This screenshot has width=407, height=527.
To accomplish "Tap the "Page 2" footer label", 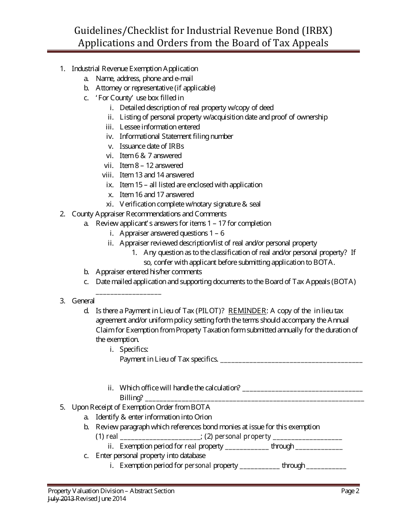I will (x=350, y=491).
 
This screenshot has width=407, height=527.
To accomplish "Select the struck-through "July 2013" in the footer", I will (x=61, y=499).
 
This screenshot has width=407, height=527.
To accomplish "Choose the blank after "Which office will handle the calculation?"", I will (x=302, y=389).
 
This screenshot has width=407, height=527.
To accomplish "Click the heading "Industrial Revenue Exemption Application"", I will (x=135, y=69).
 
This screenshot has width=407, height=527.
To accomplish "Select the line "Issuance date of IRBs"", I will (x=152, y=146).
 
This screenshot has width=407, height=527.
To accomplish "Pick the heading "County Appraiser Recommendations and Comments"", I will (x=149, y=213).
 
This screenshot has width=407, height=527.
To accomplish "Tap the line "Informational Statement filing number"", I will (x=176, y=136).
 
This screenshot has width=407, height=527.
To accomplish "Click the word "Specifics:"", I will (x=134, y=349).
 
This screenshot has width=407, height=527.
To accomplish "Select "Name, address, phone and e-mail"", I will (x=144, y=78).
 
